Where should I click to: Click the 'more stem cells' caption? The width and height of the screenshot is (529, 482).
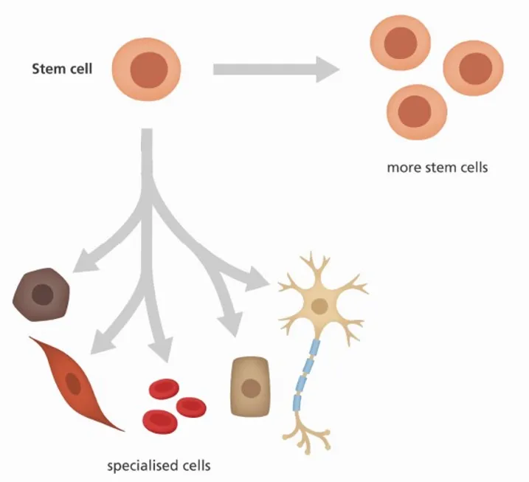point(437,167)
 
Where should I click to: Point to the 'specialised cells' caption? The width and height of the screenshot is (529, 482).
point(159,466)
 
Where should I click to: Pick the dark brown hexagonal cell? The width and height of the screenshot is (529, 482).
point(42,296)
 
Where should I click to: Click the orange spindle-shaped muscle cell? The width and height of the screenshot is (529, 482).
point(73,382)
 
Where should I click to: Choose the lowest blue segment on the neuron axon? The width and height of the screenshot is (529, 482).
point(297,402)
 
